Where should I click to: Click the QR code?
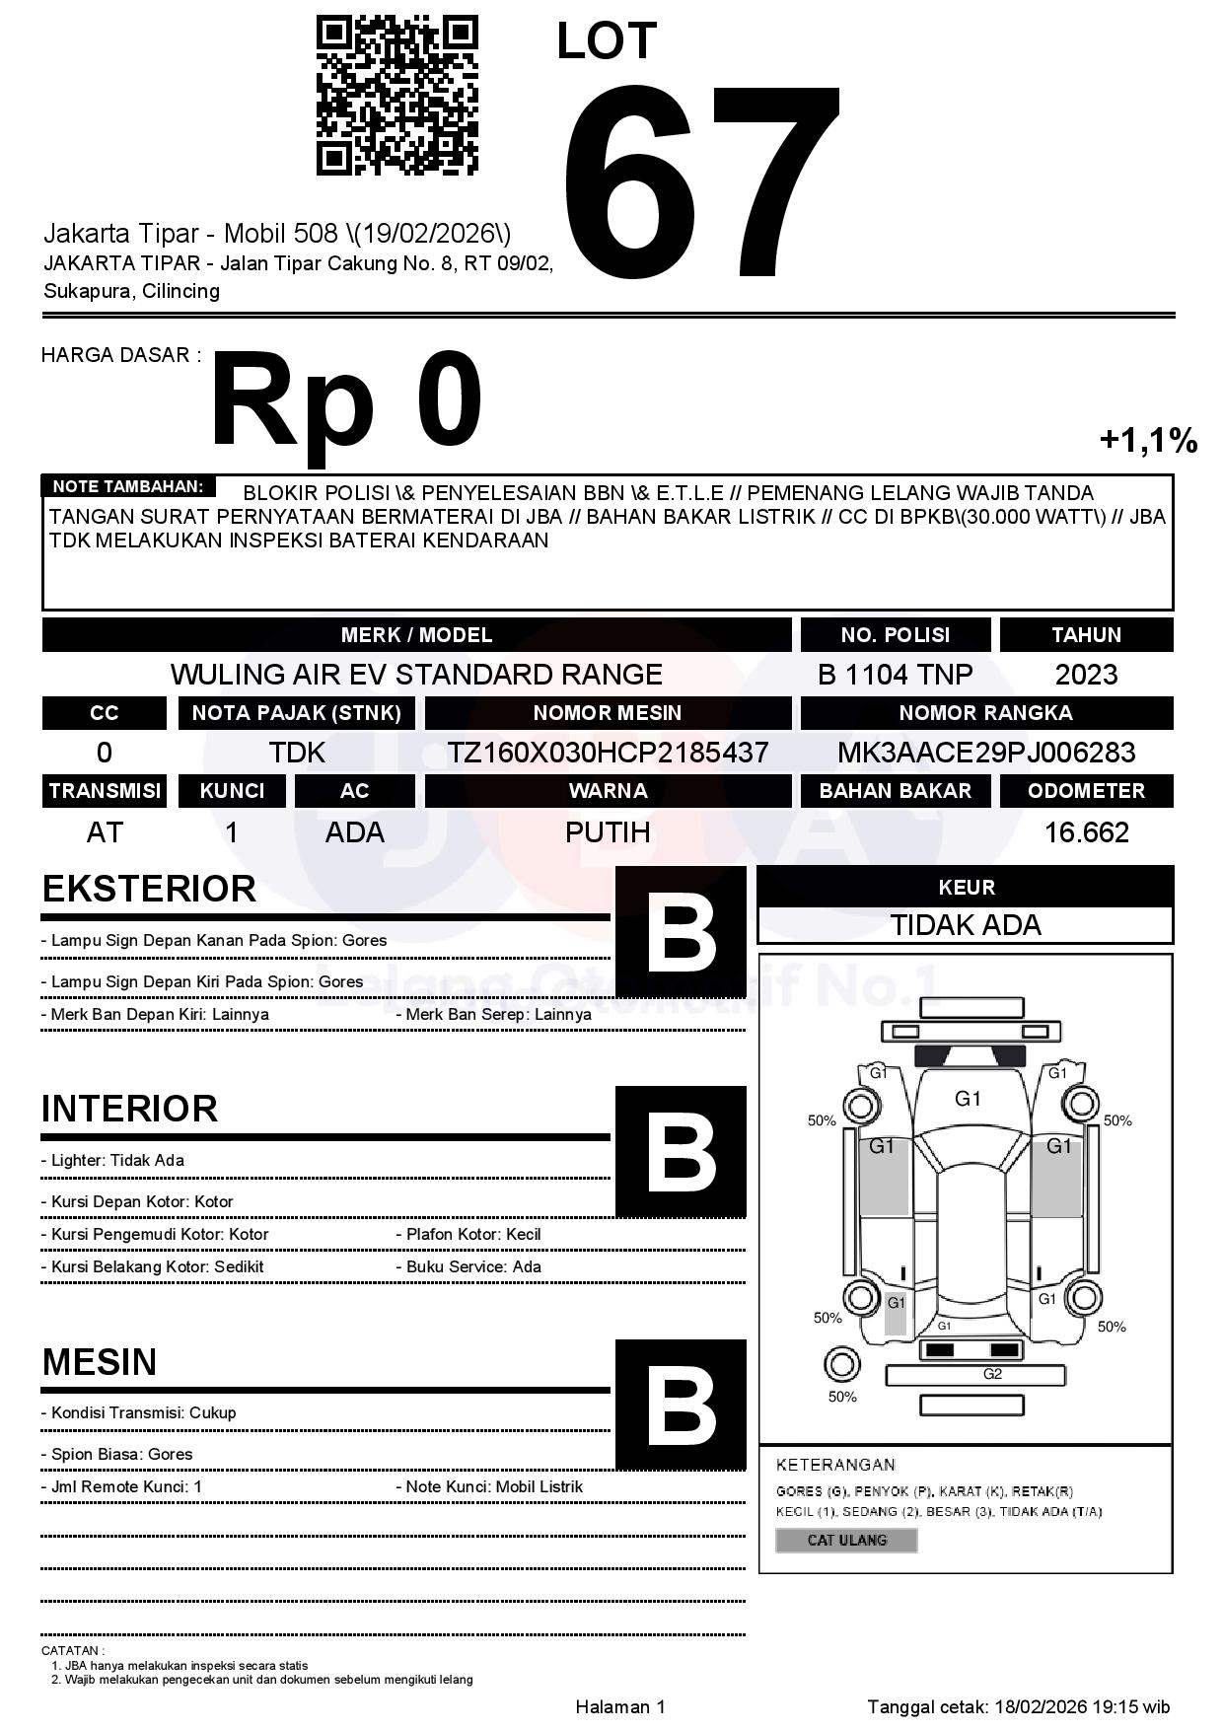tap(396, 95)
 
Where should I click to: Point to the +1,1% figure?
tap(1148, 440)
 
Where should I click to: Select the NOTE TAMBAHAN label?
tap(127, 486)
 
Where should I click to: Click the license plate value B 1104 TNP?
tap(895, 675)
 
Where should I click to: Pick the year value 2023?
tap(1086, 675)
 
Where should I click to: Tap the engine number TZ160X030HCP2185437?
tap(608, 753)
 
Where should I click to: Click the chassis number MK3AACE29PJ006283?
tap(986, 753)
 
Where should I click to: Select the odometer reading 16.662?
tap(1086, 832)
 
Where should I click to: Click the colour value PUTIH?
tap(608, 832)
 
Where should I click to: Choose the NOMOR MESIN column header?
tap(608, 713)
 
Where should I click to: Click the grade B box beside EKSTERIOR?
tap(681, 932)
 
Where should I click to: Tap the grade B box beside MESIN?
tap(681, 1404)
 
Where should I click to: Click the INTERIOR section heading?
tap(129, 1109)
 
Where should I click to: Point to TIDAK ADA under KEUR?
tap(966, 925)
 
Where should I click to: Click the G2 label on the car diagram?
tap(992, 1374)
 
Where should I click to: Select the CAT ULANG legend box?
tap(846, 1540)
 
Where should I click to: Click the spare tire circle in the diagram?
tap(841, 1365)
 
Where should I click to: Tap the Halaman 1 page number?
tap(620, 1707)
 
